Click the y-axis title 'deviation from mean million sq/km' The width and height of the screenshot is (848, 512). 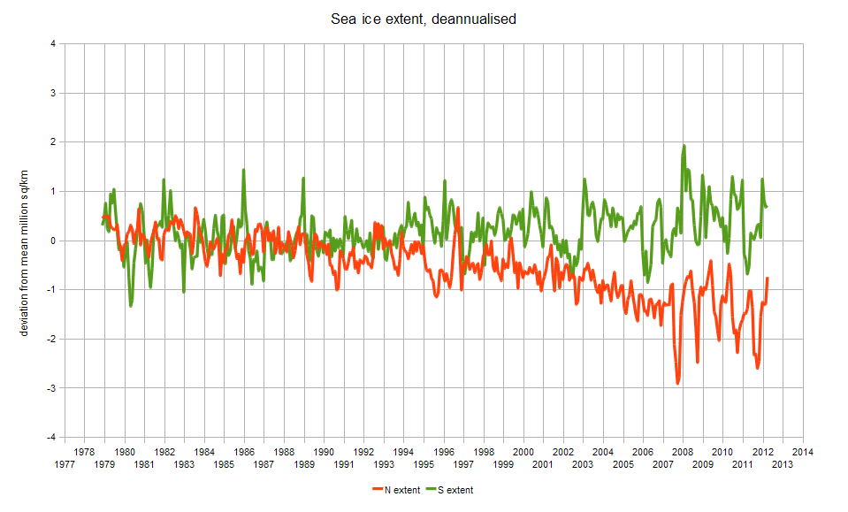[24, 240]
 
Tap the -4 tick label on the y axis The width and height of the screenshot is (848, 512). [52, 437]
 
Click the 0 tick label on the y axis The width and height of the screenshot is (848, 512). [54, 241]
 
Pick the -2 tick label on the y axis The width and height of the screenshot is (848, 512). [52, 339]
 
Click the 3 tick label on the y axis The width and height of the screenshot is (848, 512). [54, 93]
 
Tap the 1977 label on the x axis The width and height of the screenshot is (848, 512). [65, 463]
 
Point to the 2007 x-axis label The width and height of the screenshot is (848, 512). [663, 463]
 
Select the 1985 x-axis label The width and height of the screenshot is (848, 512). [225, 463]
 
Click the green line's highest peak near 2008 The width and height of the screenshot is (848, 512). [684, 146]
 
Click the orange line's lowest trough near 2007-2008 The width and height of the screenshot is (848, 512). [678, 383]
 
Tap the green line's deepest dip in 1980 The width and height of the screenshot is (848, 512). [131, 306]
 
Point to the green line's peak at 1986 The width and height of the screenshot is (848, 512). [243, 170]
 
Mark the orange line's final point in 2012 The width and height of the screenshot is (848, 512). [768, 278]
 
